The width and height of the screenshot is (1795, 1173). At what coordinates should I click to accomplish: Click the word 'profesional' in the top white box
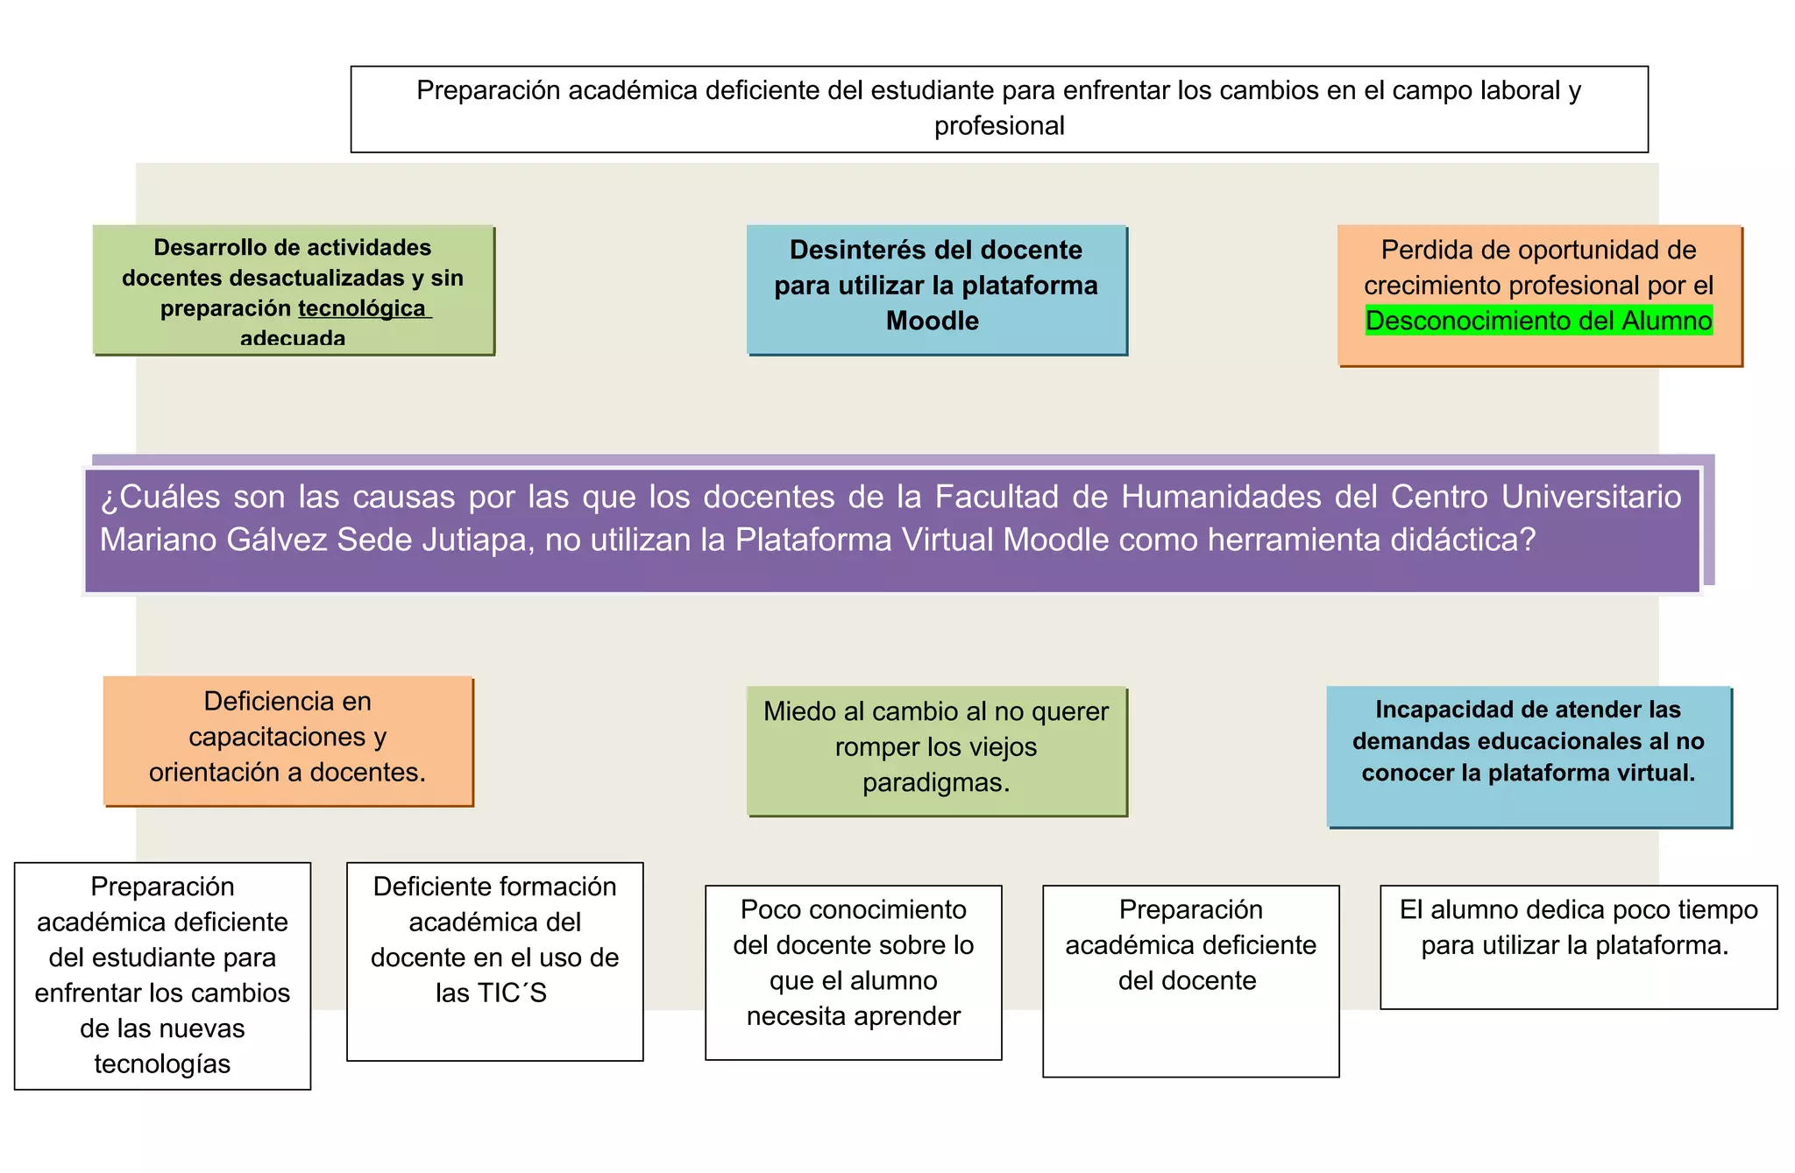[x=999, y=126]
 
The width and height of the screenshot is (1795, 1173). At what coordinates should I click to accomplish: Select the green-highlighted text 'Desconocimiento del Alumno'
[x=1538, y=321]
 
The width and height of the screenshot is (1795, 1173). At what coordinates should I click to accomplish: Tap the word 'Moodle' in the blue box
[x=932, y=321]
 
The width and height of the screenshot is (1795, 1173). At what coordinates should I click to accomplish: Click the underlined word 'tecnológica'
[x=362, y=308]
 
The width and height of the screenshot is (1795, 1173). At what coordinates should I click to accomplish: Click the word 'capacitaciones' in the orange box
[x=277, y=737]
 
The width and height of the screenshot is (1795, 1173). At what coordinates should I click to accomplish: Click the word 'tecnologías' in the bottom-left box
[x=162, y=1063]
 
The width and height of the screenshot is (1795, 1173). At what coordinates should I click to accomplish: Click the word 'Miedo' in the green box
[x=798, y=711]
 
